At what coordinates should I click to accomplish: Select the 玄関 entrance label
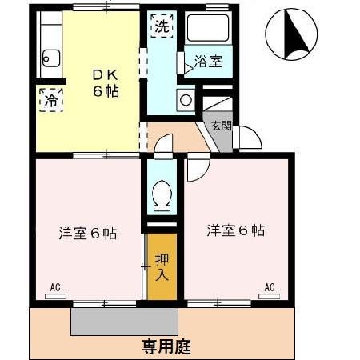pos(221,125)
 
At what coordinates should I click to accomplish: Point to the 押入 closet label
pos(162,267)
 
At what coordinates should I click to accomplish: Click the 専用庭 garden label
pos(166,346)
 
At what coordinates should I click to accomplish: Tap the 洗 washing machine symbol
pos(162,25)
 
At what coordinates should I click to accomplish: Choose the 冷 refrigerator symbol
pos(50,101)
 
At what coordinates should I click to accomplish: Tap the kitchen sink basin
pos(50,58)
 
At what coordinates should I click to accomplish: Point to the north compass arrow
pos(294,34)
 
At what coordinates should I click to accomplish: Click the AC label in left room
pos(56,286)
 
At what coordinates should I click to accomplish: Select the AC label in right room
pos(270,286)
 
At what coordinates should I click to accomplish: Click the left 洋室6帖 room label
pos(88,234)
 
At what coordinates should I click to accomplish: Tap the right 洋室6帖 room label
pos(236,231)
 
